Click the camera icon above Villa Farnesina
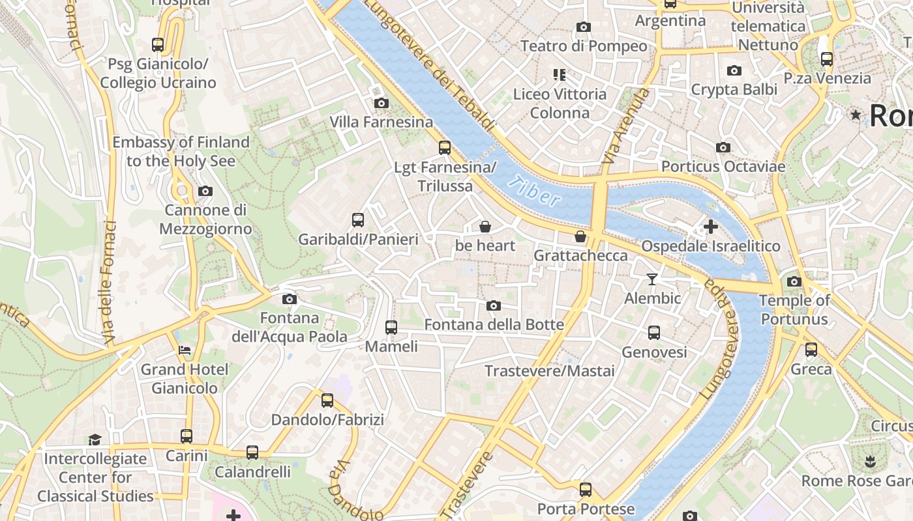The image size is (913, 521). tap(382, 103)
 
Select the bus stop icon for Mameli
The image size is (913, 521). tap(391, 328)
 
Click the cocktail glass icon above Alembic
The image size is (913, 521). tap(652, 279)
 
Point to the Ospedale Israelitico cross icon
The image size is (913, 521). tap(711, 227)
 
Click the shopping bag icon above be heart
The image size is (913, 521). tap(485, 227)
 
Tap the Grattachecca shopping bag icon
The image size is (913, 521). tap(580, 236)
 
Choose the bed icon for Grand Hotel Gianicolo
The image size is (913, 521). tap(185, 350)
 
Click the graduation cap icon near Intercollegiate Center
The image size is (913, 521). tap(95, 440)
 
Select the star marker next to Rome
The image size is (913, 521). tap(856, 115)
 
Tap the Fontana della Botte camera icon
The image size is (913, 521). tap(494, 305)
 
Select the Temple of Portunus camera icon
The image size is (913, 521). tap(794, 281)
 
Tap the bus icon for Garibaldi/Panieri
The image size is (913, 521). tap(358, 220)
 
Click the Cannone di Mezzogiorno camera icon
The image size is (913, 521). tap(205, 191)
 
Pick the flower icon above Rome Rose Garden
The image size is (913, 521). tap(869, 462)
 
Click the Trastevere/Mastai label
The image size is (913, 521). tap(550, 371)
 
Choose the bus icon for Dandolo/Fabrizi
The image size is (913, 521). tap(327, 401)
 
